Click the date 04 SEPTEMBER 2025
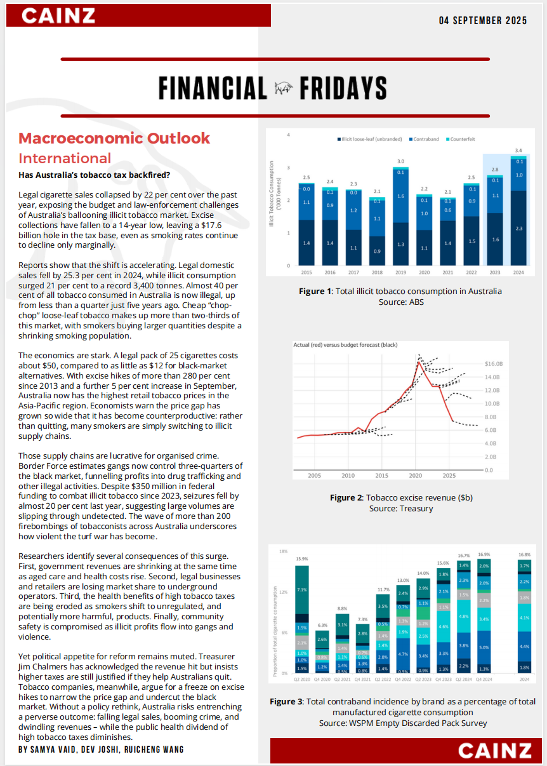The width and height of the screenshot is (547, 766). (483, 20)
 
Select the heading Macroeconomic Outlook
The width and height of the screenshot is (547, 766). (114, 138)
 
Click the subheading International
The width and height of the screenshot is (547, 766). (65, 158)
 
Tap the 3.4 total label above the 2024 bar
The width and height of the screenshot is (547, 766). (518, 150)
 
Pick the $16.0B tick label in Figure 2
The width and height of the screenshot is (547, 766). (493, 364)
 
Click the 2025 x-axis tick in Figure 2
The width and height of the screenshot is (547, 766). (449, 475)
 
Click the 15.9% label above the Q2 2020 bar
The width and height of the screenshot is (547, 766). (302, 559)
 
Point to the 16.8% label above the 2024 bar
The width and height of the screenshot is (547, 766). (524, 554)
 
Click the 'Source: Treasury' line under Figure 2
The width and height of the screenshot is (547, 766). (400, 509)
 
